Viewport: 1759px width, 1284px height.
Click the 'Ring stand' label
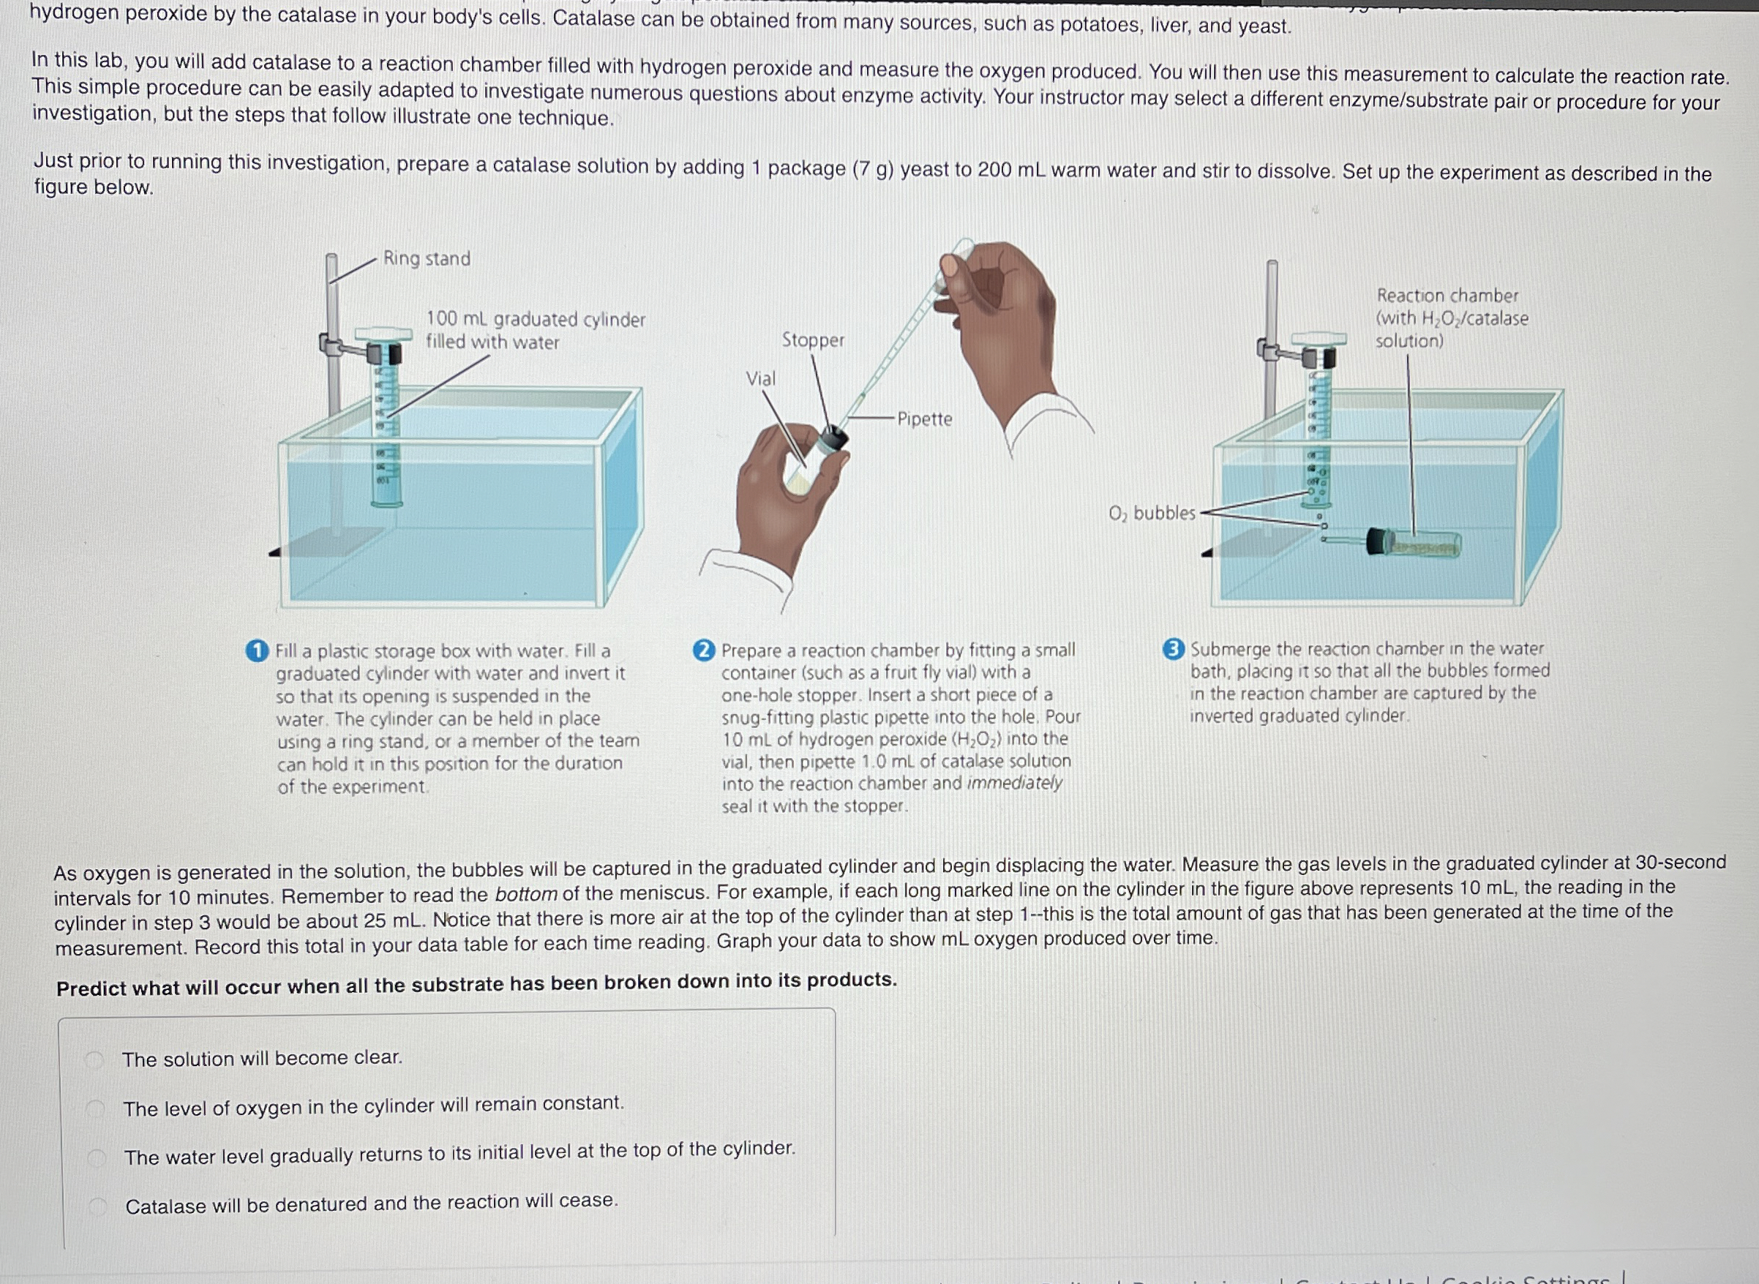427,258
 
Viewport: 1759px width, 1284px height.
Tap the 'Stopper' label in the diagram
812,339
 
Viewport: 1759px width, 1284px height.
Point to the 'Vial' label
760,378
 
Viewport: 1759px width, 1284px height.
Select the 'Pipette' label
924,419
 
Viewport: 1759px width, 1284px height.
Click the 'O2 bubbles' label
1151,513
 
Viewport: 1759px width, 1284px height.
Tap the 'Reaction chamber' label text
1447,296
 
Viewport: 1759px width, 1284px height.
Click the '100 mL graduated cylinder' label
536,320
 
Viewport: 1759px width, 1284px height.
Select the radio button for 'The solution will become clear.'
95,1060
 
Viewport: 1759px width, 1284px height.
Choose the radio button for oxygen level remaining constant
96,1109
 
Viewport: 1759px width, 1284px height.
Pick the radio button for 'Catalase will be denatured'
97,1206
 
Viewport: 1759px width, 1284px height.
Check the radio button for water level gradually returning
97,1158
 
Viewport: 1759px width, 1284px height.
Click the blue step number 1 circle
257,651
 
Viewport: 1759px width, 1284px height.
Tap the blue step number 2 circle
703,650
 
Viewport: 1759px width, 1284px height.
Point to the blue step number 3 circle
1173,649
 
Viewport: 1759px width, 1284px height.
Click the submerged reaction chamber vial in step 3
1414,543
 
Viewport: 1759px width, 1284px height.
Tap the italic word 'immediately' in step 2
1014,783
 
